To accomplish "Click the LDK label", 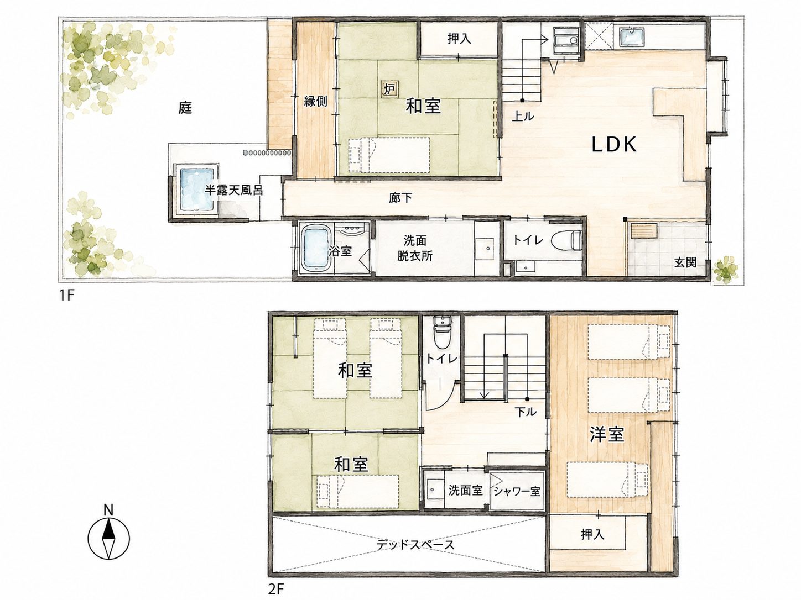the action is click(x=614, y=145).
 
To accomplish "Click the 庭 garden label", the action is click(x=185, y=108).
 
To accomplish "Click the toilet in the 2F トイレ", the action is click(x=443, y=333).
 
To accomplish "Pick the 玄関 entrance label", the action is click(x=685, y=262).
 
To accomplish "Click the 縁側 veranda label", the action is click(x=316, y=101).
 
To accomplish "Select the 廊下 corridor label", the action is click(x=400, y=198).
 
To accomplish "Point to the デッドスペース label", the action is click(x=415, y=545).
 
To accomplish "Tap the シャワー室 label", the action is click(x=516, y=492).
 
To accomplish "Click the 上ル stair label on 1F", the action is click(x=523, y=116).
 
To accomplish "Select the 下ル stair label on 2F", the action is click(x=526, y=412).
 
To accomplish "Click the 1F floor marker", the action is click(x=67, y=294).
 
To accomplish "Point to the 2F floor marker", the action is click(x=276, y=589).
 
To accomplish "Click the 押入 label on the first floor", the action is click(x=460, y=39).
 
